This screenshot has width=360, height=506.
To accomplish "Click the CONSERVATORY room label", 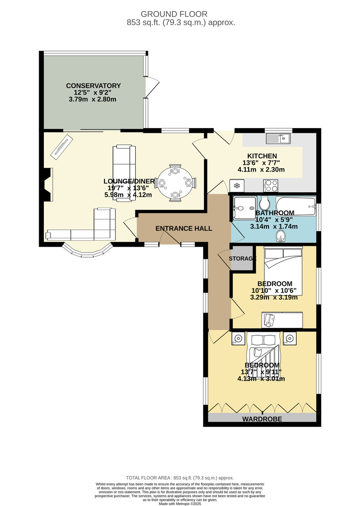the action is click(x=93, y=86).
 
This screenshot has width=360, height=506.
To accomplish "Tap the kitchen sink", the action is click(x=278, y=138).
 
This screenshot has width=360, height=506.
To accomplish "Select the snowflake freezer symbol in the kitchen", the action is click(x=237, y=186).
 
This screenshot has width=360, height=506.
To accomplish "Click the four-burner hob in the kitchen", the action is click(x=271, y=186).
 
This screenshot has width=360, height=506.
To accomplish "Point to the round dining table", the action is click(x=175, y=183).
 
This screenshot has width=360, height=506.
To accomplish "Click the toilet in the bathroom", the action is click(x=263, y=202).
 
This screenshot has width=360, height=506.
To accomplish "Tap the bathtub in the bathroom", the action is click(x=296, y=207).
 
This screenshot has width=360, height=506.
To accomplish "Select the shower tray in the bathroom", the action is click(x=245, y=208).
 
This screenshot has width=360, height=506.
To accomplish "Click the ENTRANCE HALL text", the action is click(x=184, y=229).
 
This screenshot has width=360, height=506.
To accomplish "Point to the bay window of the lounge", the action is click(x=87, y=251).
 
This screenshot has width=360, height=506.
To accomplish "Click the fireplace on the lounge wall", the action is click(x=48, y=185).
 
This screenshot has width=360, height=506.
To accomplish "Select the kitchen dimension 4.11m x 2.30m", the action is click(x=261, y=170).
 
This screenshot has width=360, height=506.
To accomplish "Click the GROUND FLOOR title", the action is click(x=174, y=14).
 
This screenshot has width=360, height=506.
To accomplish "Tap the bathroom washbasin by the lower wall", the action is click(x=280, y=236).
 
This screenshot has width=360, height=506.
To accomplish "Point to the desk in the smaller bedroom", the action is click(x=282, y=320).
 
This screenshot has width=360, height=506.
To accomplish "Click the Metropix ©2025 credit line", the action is click(x=180, y=504).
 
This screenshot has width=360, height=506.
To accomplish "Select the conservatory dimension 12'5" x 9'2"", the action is click(x=93, y=92).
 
